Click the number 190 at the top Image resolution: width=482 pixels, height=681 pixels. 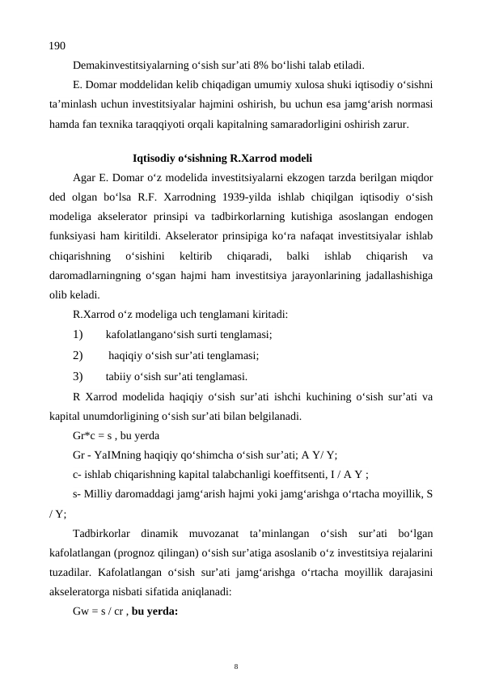pyautogui.click(x=57, y=47)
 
